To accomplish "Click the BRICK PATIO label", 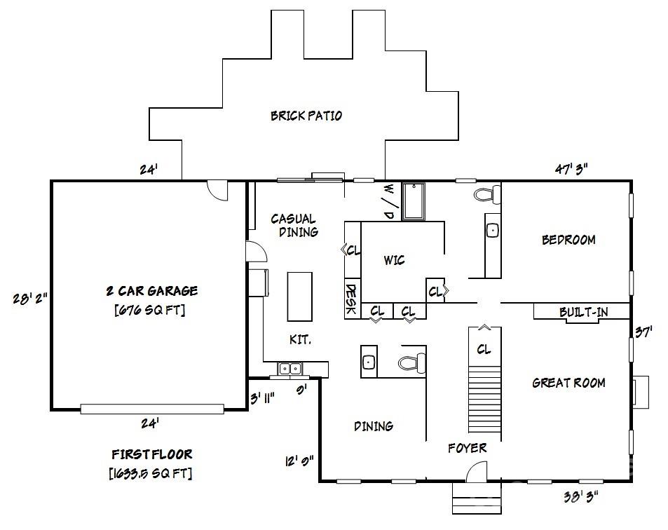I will click(306, 116).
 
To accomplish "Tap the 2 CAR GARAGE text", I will click(151, 290).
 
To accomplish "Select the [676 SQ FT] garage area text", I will click(150, 309).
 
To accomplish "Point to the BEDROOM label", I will click(568, 240).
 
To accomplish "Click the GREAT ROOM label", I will click(568, 383).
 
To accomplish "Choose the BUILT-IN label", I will click(583, 312).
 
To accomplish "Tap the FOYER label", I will click(467, 447).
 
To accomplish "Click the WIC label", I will click(394, 261).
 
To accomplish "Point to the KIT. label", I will click(300, 339).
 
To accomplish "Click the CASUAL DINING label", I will click(294, 225).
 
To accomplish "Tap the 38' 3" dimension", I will click(581, 496).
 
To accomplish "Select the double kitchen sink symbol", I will click(289, 368).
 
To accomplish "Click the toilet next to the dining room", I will click(410, 362).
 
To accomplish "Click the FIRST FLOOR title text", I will click(151, 454).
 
